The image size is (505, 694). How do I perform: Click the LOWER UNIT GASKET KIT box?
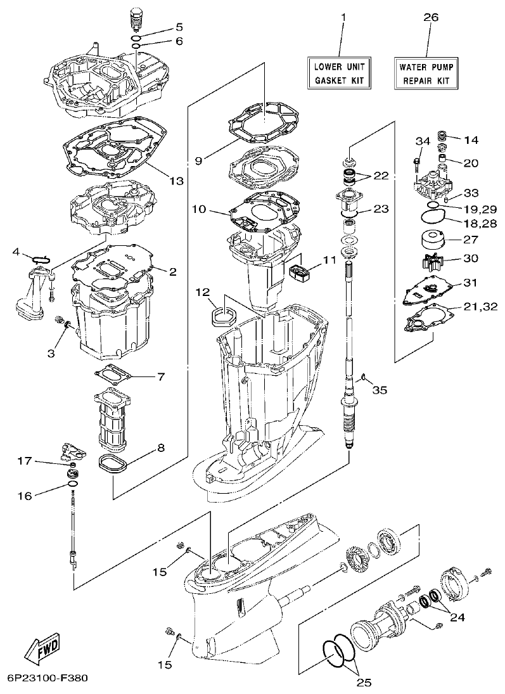(x=339, y=72)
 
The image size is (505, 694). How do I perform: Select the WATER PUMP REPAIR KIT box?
(x=426, y=72)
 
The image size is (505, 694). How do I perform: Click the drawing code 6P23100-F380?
(x=44, y=678)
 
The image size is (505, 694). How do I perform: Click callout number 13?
(x=176, y=181)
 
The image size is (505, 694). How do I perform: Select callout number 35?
(x=380, y=390)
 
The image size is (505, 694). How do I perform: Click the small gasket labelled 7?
(x=113, y=375)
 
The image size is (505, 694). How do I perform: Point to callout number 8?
(x=161, y=448)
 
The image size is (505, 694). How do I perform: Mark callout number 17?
(x=23, y=462)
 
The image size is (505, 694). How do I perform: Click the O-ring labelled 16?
(x=72, y=485)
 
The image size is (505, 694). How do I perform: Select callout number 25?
(x=363, y=682)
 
